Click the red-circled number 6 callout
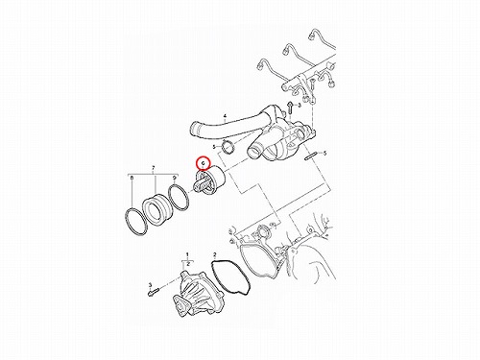point(203,163)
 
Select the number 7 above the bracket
point(154,168)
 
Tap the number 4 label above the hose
point(225,115)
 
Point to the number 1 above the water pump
point(187,254)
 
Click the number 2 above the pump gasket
point(215,254)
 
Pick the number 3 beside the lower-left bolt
point(150,284)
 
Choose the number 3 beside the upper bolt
point(300,105)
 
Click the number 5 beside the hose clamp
point(215,147)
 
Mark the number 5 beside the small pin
point(325,154)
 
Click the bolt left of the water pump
point(154,292)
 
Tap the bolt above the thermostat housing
point(290,108)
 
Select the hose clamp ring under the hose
point(228,147)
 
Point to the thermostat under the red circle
point(209,180)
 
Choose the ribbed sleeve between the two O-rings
point(158,207)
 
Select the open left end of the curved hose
point(195,132)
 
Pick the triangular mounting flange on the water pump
point(180,306)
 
